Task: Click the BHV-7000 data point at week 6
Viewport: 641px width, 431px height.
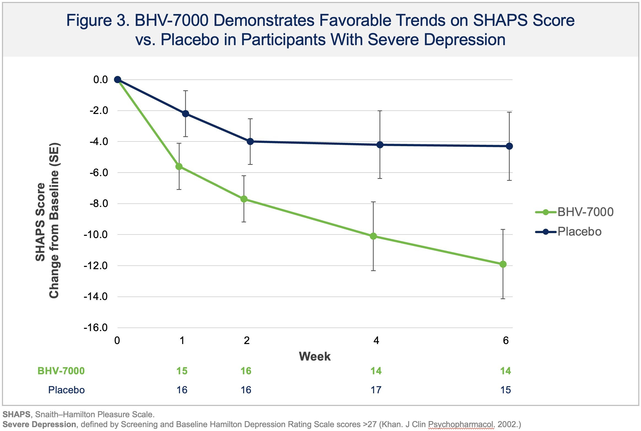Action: coord(503,264)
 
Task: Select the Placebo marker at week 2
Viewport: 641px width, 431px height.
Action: coord(250,141)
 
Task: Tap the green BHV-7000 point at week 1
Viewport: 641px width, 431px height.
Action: coord(179,167)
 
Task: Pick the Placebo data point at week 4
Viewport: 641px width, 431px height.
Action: coord(380,145)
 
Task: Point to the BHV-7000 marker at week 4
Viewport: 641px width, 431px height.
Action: coord(373,236)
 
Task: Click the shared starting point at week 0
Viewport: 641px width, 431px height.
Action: coord(118,80)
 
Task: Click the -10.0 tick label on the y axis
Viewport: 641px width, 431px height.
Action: coord(96,235)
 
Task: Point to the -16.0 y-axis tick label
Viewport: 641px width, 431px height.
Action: coord(96,328)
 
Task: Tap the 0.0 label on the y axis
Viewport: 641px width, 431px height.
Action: coord(101,80)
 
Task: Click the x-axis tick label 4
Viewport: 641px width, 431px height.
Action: coord(376,341)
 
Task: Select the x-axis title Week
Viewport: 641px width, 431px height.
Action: coord(314,356)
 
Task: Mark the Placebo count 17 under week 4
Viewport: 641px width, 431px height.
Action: coord(376,390)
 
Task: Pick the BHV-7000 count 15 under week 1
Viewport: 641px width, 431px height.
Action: coord(182,371)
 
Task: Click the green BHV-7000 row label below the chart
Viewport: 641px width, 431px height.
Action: coord(61,371)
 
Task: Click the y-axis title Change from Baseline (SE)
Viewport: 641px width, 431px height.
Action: coord(54,220)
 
